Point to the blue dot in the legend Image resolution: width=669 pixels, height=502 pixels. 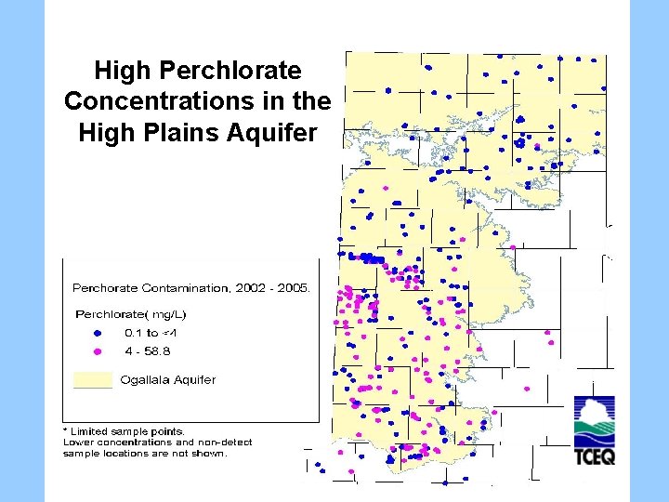(x=98, y=332)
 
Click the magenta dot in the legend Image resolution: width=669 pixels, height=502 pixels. (x=98, y=351)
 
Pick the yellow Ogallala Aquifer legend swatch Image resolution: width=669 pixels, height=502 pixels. (x=93, y=379)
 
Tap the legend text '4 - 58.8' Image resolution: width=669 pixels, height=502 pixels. (x=148, y=351)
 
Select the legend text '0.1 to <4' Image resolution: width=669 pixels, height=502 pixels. (x=151, y=332)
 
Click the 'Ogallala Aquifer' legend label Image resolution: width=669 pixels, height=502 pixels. (x=170, y=379)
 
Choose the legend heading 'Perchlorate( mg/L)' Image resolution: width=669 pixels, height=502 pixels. (x=125, y=313)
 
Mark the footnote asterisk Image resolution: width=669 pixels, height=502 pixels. (x=65, y=430)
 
